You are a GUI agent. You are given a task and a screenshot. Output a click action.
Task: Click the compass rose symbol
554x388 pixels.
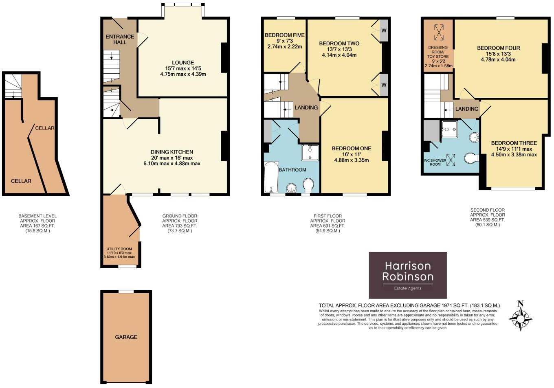tap(521, 319)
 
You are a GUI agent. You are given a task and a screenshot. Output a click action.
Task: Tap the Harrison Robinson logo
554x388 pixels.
tap(408, 275)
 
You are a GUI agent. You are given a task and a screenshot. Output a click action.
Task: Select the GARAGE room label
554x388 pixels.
tap(126, 337)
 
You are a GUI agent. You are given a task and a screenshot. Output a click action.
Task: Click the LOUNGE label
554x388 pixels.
tap(183, 63)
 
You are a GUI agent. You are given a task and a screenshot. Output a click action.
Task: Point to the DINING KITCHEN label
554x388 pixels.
tap(172, 152)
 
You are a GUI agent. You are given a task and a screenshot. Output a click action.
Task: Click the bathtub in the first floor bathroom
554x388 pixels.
tap(271, 177)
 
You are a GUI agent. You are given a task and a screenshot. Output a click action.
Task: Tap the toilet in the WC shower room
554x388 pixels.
tap(471, 158)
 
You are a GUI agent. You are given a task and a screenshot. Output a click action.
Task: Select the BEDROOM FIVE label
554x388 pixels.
tap(285, 35)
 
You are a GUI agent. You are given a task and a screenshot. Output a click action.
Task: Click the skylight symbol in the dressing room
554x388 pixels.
tap(438, 33)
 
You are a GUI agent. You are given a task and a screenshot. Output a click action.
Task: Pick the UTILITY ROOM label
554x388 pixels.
tap(119, 249)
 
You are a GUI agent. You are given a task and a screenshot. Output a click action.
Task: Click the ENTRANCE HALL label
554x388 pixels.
tap(120, 39)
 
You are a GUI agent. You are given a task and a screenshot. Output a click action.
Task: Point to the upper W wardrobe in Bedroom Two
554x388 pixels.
tap(384, 31)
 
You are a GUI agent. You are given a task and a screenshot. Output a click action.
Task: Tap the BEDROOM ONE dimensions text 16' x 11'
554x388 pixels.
tap(352, 154)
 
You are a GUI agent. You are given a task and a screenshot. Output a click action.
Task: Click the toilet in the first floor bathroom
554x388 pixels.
tap(308, 185)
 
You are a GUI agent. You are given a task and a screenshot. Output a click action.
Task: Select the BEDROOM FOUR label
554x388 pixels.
tap(498, 48)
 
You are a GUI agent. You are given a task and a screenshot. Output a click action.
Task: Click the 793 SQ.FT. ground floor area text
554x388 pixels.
tap(180, 226)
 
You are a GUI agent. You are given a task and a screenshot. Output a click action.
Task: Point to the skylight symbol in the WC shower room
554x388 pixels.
tap(451, 160)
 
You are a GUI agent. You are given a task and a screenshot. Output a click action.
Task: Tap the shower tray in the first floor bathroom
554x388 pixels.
tap(310, 153)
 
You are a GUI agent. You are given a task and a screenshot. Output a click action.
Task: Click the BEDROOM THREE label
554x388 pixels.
tap(514, 143)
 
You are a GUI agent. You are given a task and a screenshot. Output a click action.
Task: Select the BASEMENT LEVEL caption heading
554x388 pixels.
tap(37, 216)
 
